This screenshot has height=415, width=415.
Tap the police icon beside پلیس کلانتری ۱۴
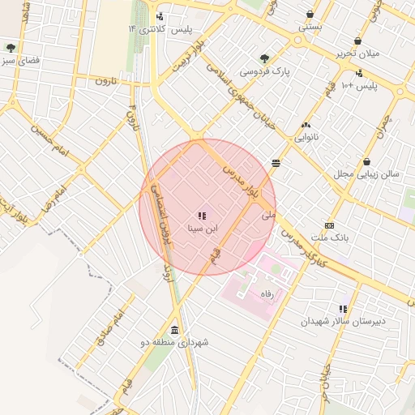coord(160,16)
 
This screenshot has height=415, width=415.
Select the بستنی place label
coord(310,27)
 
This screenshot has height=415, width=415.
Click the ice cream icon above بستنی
coord(310,14)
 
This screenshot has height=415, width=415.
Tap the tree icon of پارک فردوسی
coord(264,58)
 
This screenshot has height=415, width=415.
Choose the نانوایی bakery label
coord(306,138)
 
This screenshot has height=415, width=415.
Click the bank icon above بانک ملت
coord(329,225)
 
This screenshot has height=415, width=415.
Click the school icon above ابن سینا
coord(201,216)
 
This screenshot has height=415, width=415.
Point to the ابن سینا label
coord(203,229)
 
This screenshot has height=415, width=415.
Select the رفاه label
coord(266,293)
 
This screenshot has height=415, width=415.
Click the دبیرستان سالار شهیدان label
coord(344,322)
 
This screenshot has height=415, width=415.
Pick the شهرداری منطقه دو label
coord(174,343)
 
